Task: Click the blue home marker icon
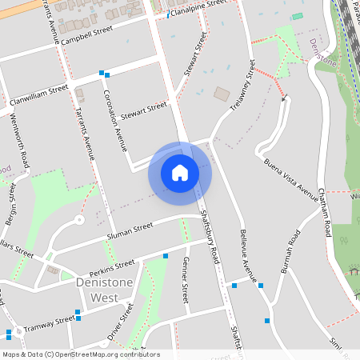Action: pos(180,173)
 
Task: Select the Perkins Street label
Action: pos(111,265)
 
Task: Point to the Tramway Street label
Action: pos(49,324)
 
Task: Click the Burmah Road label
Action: pos(290,252)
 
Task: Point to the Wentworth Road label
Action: pos(20,139)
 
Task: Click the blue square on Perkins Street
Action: pos(166,256)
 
